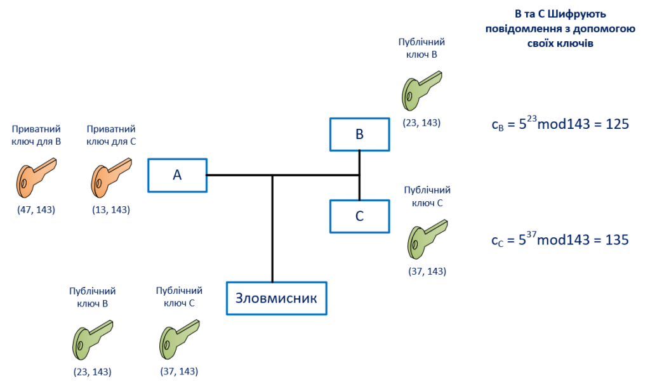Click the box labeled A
pos(177,175)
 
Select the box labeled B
pos(359,134)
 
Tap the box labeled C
pos(359,216)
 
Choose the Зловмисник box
pos(276,298)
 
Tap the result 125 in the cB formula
pos(617,124)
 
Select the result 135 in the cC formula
pos(617,240)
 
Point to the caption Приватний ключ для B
pos(37,135)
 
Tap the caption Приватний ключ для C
pos(111,135)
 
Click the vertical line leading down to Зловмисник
pos(272,228)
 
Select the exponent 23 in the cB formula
pos(531,119)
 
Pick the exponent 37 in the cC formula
pos(531,234)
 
